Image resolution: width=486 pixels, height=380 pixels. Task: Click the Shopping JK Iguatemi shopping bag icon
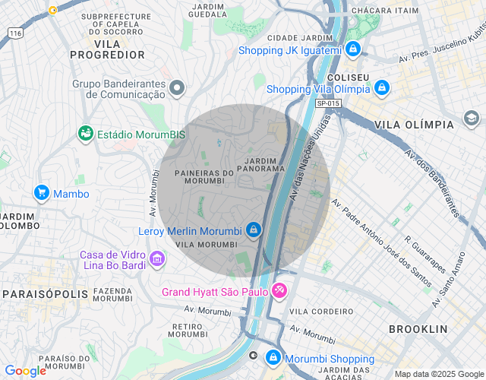click(x=353, y=49)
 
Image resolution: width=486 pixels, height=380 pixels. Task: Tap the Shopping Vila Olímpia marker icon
click(x=381, y=88)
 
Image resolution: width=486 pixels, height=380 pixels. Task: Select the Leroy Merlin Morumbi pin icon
click(x=254, y=230)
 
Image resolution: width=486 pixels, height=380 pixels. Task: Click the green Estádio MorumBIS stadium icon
click(x=86, y=134)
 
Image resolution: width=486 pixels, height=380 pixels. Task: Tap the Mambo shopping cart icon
click(x=42, y=193)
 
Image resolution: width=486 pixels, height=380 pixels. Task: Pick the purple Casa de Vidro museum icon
click(x=157, y=260)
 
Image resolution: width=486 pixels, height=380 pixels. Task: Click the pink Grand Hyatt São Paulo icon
click(x=279, y=291)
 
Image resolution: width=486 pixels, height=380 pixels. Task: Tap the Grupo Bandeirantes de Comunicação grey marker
click(x=178, y=89)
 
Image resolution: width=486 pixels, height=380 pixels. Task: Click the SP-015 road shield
click(x=328, y=103)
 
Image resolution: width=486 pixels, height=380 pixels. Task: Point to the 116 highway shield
click(x=14, y=33)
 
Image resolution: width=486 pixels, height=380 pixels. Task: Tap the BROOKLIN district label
click(x=418, y=329)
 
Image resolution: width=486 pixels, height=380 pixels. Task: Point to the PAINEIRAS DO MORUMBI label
click(x=204, y=177)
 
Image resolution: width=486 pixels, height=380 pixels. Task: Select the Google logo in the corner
click(x=25, y=371)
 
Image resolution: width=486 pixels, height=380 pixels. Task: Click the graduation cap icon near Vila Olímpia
click(x=471, y=119)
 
